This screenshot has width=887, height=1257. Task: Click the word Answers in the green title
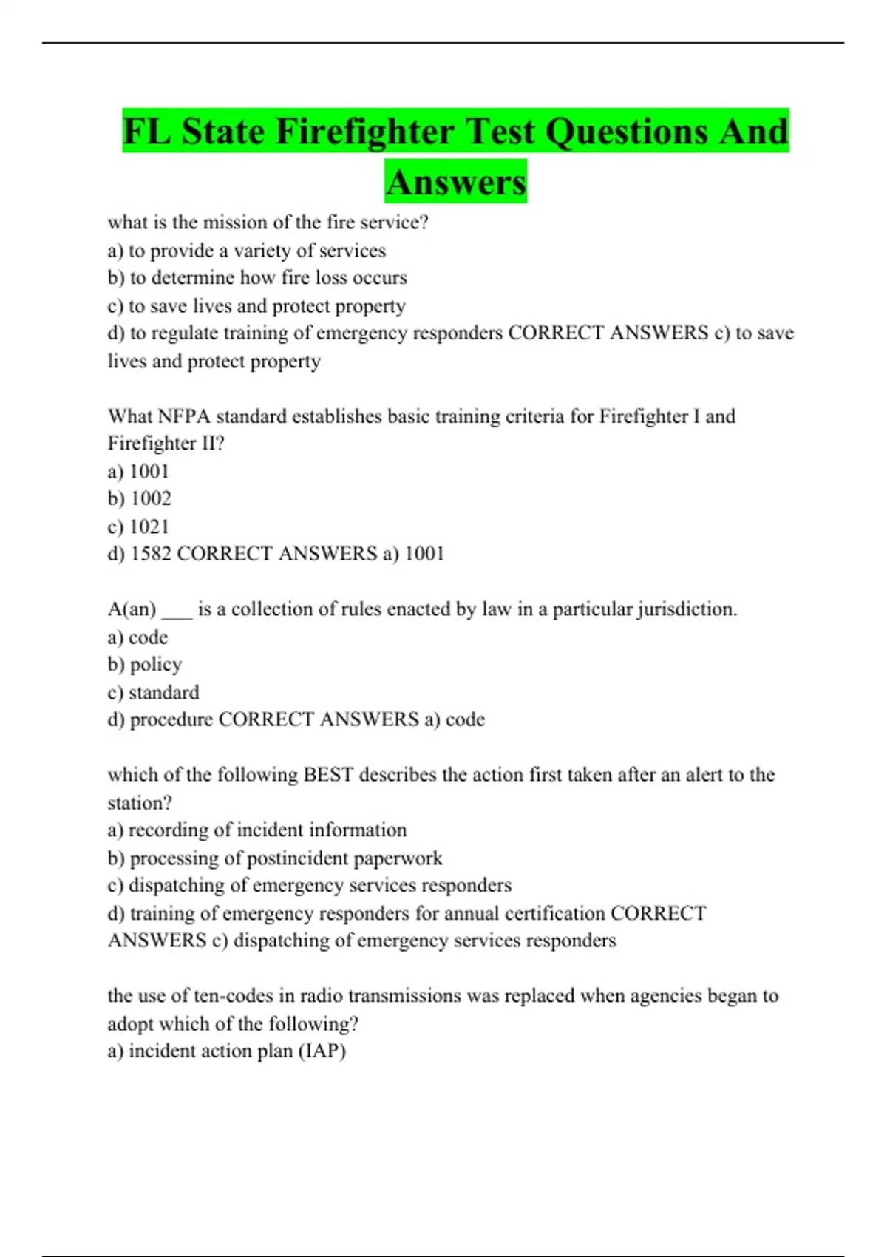pos(455,182)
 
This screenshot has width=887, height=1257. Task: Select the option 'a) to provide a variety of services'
pos(246,251)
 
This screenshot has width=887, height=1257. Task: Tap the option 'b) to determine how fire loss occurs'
pos(257,278)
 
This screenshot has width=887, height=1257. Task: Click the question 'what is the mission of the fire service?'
pos(268,223)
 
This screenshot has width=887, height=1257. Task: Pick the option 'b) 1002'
pos(139,499)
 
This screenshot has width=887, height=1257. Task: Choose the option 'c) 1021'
pos(138,526)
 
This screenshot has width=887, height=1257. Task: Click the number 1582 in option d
pos(151,554)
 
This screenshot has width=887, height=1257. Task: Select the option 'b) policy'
pos(144,665)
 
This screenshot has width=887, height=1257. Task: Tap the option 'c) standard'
pos(153,693)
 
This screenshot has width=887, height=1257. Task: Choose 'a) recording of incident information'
pos(256,830)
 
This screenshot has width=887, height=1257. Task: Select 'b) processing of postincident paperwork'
pos(274,858)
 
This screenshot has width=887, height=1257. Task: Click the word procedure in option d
pos(171,720)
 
